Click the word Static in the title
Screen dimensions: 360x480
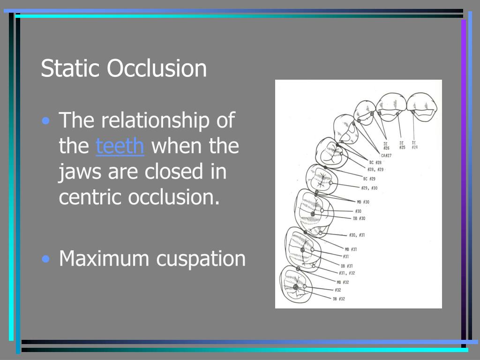(x=70, y=68)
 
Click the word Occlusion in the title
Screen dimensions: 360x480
(x=157, y=68)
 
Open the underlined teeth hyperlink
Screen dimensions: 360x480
(x=120, y=146)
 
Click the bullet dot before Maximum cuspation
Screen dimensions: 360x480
(x=45, y=259)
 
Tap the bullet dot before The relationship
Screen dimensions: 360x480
(x=45, y=121)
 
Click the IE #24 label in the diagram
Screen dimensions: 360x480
(x=414, y=145)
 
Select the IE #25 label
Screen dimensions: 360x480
(x=402, y=145)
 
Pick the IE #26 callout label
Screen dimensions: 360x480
(x=386, y=146)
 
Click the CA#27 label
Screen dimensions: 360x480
(x=386, y=155)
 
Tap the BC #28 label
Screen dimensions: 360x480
(x=375, y=162)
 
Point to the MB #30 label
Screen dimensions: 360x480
(x=363, y=202)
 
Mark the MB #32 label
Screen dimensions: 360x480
(x=342, y=282)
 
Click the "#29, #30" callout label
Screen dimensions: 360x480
(x=369, y=187)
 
